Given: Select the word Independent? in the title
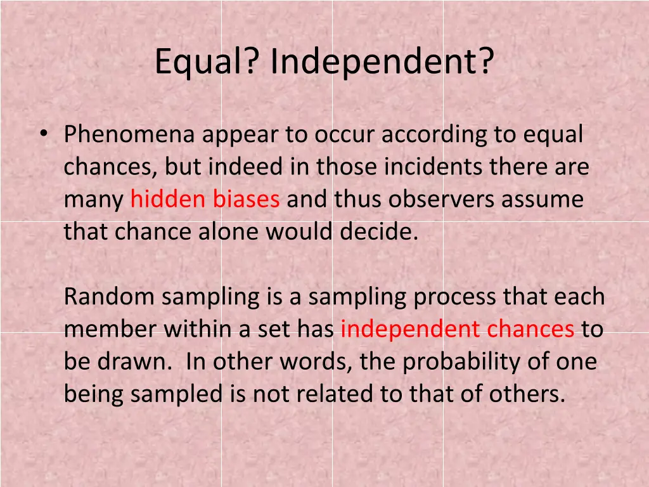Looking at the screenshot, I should click(382, 62).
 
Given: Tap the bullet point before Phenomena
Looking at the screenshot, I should click(42, 134).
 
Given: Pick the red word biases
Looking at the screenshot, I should click(246, 199).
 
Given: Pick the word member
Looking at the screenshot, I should click(110, 329).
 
